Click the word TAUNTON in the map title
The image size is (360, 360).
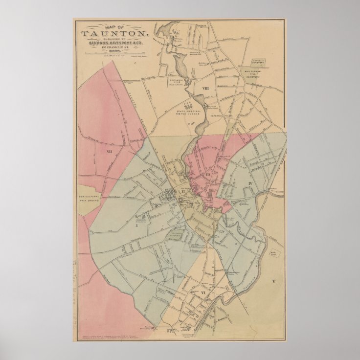coord(115,33)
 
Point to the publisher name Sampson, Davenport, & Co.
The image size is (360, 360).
coord(115,44)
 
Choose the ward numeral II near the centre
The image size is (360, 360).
coord(183,191)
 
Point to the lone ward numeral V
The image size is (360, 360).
coord(274,281)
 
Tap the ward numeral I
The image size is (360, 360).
coord(137,226)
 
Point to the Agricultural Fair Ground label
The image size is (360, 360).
coord(87,199)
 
